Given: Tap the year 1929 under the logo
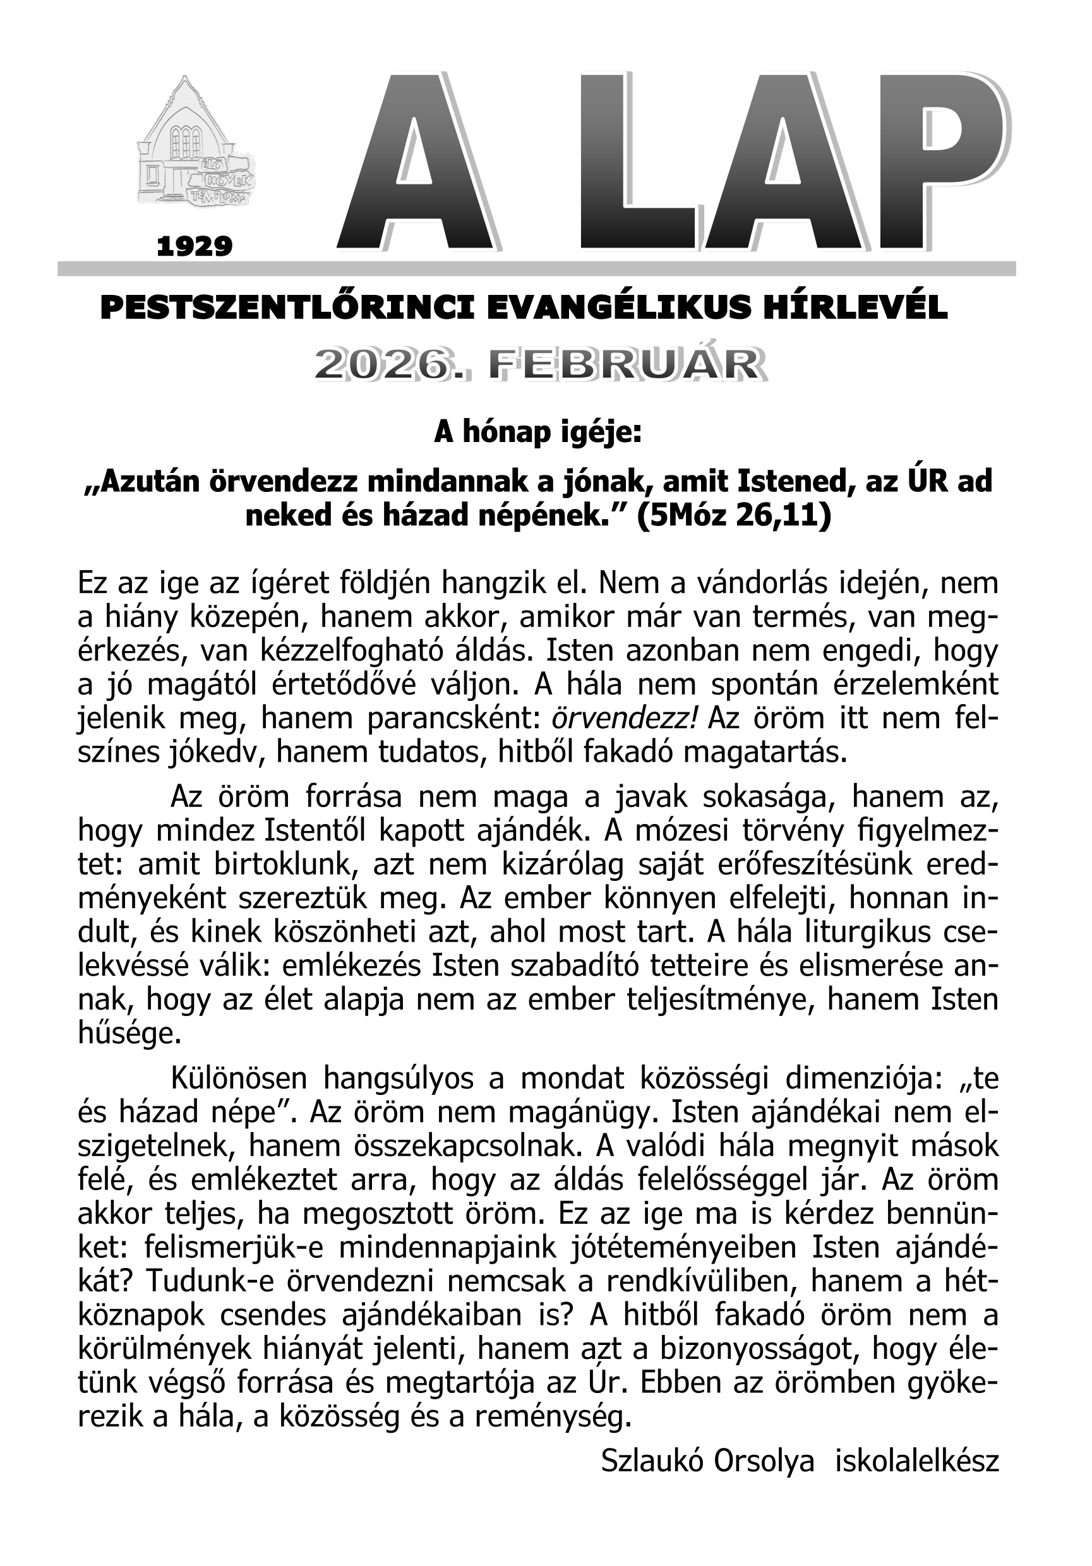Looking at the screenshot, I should click(x=195, y=246).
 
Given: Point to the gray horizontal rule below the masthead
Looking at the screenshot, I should click(x=536, y=268).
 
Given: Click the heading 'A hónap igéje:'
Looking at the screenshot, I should click(x=537, y=433).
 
